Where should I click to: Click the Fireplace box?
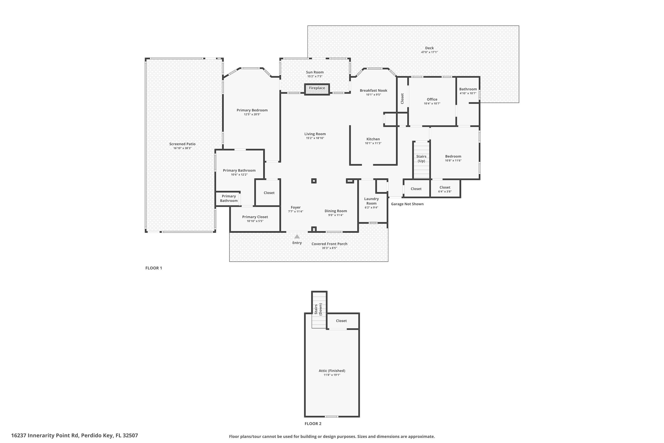point(317,89)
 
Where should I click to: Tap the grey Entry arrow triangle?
point(297,237)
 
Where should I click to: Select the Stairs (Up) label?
point(421,159)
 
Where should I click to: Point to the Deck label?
point(429,48)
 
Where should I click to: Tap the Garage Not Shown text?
point(407,204)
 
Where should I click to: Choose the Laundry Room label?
point(371,201)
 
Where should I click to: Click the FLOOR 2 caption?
point(313,424)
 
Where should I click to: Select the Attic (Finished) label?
point(332,371)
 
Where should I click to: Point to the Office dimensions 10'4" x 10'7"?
point(432,104)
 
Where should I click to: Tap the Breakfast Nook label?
point(373,90)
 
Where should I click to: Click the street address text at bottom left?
point(75,435)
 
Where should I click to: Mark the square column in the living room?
point(314,181)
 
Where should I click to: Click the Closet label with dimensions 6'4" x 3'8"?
point(445,187)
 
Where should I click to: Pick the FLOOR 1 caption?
point(154,268)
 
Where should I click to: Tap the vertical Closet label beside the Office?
point(402,99)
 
